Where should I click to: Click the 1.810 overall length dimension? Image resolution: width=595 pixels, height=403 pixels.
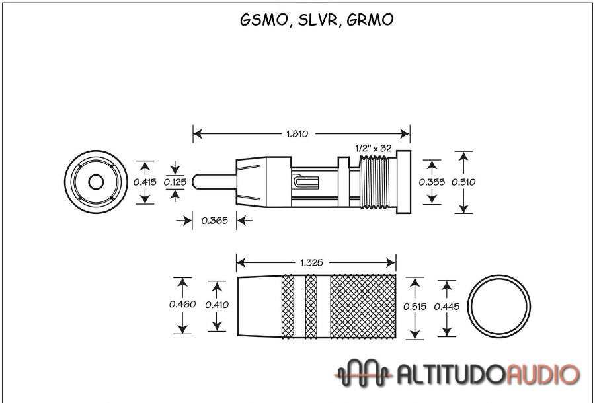coord(297,134)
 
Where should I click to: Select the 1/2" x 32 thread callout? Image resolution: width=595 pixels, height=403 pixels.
coord(375,148)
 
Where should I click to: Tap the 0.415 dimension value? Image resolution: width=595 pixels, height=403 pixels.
coord(145,182)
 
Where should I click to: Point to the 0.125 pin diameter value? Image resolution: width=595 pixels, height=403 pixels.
coord(175,182)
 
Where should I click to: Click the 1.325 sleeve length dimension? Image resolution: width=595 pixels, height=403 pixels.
coord(311,262)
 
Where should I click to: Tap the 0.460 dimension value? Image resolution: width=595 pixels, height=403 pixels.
coord(182,305)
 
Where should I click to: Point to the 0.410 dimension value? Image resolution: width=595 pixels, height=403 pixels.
coord(217,305)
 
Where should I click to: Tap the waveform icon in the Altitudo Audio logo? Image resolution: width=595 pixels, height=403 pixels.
coord(364,374)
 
